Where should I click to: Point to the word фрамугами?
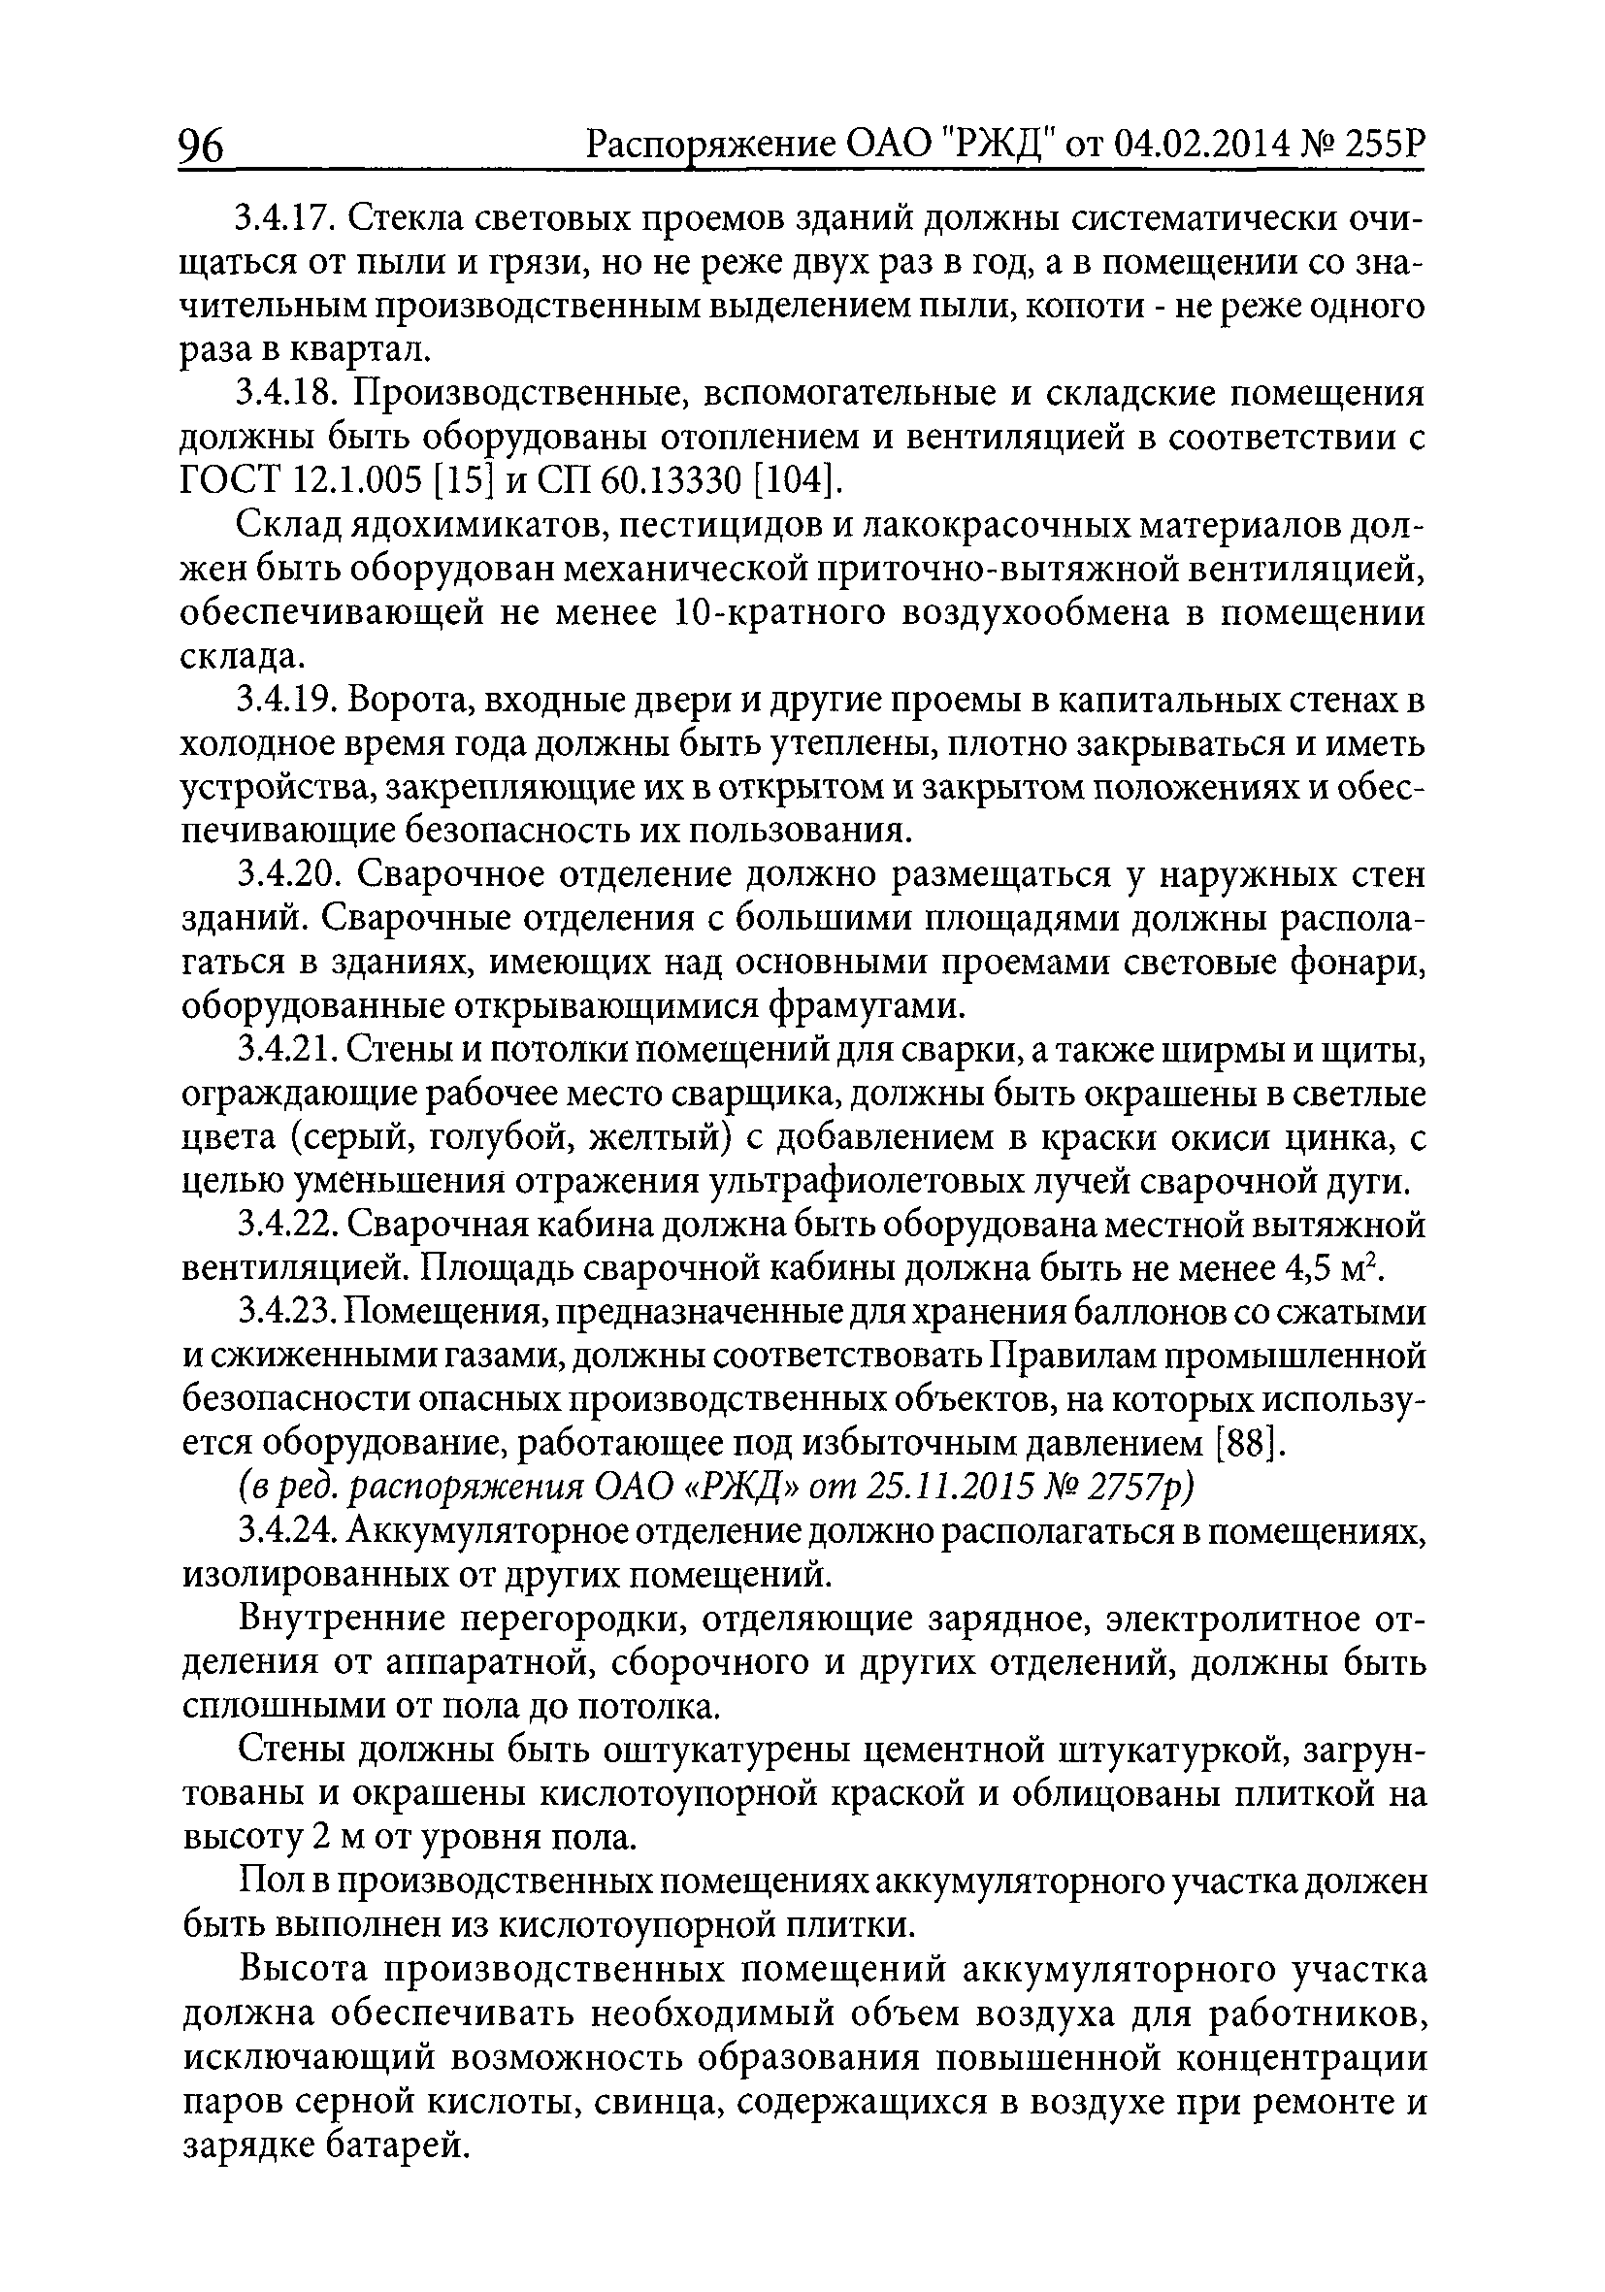tap(868, 1007)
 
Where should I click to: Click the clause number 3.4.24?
tap(285, 1532)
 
